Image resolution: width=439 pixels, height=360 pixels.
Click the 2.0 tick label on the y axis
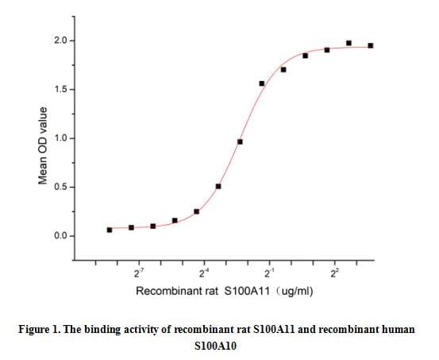point(58,41)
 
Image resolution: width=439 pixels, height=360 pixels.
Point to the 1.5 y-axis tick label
point(58,89)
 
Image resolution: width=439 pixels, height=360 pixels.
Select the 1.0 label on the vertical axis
point(58,138)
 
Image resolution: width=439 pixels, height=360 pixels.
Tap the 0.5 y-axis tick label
point(58,188)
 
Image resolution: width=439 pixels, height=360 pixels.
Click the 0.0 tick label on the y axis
point(58,236)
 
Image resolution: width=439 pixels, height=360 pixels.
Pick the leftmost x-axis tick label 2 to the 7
point(139,274)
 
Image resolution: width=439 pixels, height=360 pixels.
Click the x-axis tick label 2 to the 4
point(204,274)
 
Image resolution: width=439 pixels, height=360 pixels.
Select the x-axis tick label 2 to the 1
point(270,274)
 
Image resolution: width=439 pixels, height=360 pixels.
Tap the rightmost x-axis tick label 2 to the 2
point(335,274)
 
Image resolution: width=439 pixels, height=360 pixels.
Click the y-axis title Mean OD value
point(44,146)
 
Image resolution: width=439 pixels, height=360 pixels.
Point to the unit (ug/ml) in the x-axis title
point(294,292)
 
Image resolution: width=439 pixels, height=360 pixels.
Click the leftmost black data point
point(110,230)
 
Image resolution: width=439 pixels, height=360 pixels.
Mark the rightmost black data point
point(371,45)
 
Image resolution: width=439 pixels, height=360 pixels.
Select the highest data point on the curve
point(349,43)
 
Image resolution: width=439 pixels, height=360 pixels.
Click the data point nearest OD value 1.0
point(240,142)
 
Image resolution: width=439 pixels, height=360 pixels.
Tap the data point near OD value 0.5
point(218,187)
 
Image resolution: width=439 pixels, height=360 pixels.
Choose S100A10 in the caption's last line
point(219,346)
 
